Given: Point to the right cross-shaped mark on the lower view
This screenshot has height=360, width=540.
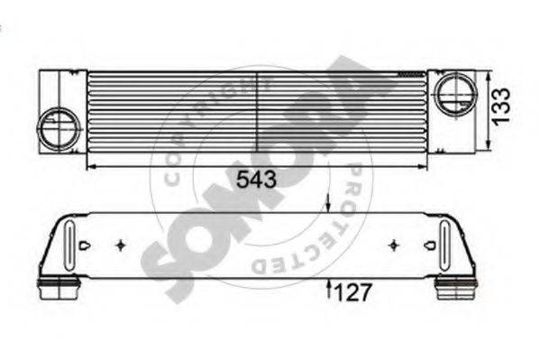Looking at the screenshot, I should coord(392,245).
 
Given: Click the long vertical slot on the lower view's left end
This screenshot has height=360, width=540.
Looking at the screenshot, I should coord(68,243).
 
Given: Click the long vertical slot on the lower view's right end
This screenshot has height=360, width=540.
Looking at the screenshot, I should coord(445,243).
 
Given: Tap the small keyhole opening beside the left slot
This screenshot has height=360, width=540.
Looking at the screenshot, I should coord(84,245).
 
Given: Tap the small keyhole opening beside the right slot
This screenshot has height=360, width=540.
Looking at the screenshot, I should coord(428,245).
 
